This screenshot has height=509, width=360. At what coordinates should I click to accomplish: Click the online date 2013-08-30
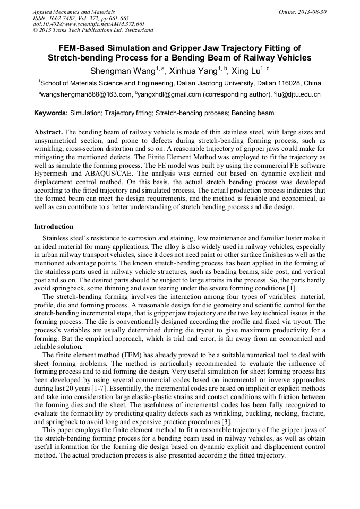(x=311, y=11)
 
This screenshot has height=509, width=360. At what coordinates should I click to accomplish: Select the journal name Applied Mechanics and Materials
(x=74, y=11)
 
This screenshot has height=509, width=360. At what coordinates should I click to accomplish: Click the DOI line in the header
(x=89, y=24)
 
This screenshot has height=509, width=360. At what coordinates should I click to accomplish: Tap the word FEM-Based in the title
(x=79, y=48)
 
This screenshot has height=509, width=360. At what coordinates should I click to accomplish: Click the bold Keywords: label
(x=51, y=114)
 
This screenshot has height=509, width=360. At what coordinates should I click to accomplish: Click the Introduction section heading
(x=54, y=227)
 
